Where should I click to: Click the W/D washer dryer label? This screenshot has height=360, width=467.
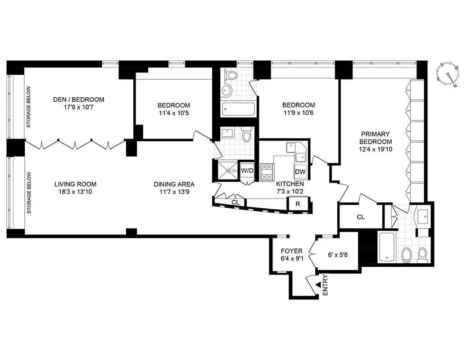(247, 171)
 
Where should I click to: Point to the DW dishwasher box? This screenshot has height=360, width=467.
(300, 171)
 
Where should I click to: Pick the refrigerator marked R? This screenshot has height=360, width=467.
(298, 203)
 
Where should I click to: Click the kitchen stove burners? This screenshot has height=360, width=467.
(268, 171)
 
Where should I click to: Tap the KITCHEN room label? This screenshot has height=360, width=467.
(290, 184)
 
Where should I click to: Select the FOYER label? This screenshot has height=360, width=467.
(291, 251)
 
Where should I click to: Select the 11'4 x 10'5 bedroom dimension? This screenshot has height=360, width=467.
(173, 113)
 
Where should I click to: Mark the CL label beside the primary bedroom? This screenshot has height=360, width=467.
(360, 217)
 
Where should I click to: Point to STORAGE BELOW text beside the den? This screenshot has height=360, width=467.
(28, 107)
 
